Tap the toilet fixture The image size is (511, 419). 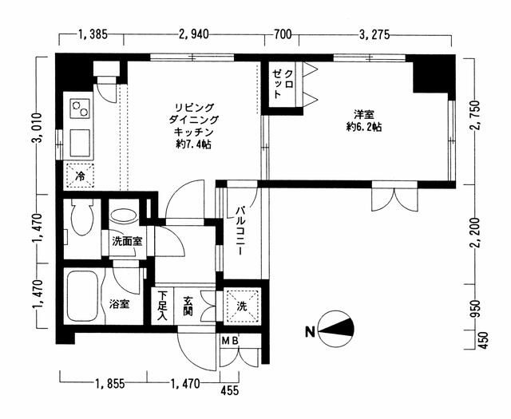tap(82, 216)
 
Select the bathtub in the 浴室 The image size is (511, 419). tap(84, 296)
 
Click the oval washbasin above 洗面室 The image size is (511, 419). tap(123, 215)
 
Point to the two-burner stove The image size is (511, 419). tap(80, 109)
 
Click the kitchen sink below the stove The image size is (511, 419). tap(80, 143)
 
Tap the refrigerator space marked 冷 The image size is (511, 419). tap(81, 175)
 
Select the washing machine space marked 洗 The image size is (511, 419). tap(241, 306)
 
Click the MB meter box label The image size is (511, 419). tap(231, 341)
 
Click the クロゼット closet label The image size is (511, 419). tap(283, 84)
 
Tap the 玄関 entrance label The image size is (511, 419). tap(188, 306)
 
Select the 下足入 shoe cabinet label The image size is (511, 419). tap(162, 306)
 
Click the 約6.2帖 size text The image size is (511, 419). tap(364, 127)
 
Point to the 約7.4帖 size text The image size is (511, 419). tap(193, 144)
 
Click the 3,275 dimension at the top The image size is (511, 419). tap(374, 34)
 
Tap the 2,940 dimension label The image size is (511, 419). tap(193, 34)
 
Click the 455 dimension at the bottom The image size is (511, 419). tap(229, 390)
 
